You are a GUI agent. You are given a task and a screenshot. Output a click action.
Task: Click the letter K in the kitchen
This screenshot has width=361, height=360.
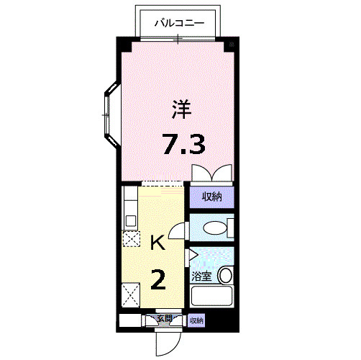point(157,243)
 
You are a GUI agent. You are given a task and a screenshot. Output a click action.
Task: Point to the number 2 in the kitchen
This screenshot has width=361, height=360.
point(158,277)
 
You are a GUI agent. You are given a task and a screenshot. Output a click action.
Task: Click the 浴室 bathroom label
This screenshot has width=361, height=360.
point(202,276)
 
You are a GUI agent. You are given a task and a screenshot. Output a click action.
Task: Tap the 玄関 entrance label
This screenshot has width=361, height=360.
point(163,318)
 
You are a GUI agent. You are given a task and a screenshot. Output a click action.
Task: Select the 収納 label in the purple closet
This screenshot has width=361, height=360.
point(211,196)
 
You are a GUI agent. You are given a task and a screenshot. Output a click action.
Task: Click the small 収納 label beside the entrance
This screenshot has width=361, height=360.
point(196,320)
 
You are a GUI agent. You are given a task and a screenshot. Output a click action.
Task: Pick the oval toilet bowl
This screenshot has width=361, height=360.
point(214,229)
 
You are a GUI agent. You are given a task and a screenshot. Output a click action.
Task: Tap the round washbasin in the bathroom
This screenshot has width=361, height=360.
point(226,276)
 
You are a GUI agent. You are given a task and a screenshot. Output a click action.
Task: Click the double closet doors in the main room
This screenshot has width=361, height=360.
point(211,174)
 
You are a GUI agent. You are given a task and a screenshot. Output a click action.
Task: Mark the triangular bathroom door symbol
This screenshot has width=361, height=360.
point(193,254)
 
